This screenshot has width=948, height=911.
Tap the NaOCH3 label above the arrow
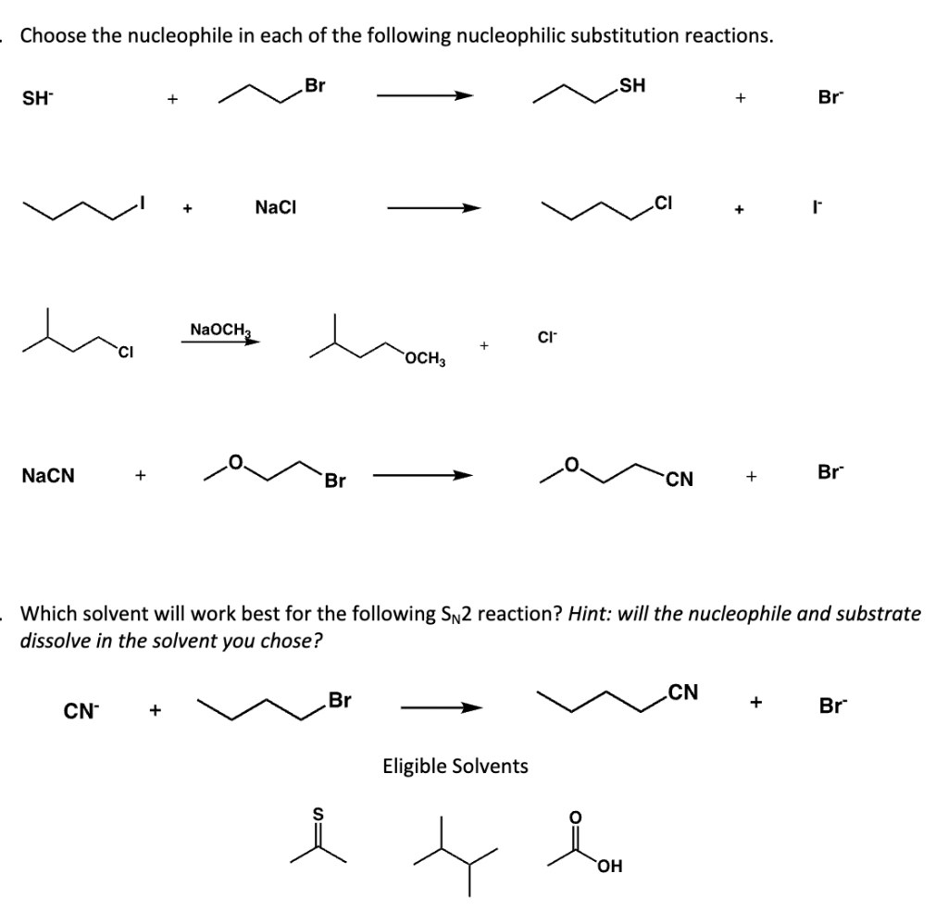(220, 328)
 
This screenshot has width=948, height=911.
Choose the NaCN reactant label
(49, 476)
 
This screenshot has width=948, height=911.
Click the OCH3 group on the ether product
(425, 358)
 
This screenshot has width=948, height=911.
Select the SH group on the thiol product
(632, 87)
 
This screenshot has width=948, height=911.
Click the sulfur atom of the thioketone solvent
(319, 813)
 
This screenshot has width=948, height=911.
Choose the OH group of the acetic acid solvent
(610, 866)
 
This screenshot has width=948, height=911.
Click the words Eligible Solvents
(455, 766)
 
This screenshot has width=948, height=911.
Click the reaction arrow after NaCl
(434, 209)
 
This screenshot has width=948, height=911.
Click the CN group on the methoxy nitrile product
(678, 479)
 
